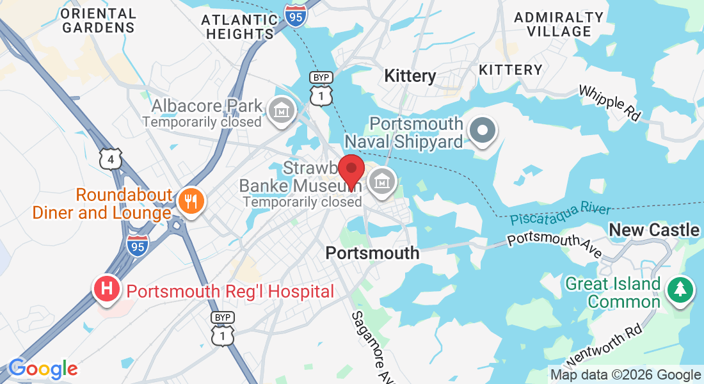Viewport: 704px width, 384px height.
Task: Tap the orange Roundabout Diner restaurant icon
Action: [190, 201]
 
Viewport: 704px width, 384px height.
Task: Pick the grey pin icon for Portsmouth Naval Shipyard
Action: [483, 131]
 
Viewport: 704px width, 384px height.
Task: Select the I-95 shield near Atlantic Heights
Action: [296, 16]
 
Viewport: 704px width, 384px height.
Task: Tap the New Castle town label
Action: [653, 230]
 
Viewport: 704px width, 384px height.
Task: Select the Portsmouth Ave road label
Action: [554, 246]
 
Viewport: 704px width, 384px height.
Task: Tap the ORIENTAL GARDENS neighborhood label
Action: [99, 20]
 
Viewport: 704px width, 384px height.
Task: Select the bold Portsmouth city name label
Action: [372, 253]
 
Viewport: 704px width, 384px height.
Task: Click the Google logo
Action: [43, 369]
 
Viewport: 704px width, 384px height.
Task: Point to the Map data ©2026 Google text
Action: [626, 375]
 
